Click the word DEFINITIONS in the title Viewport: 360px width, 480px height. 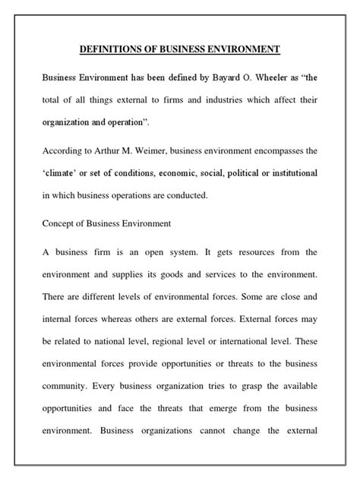[x=111, y=50]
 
